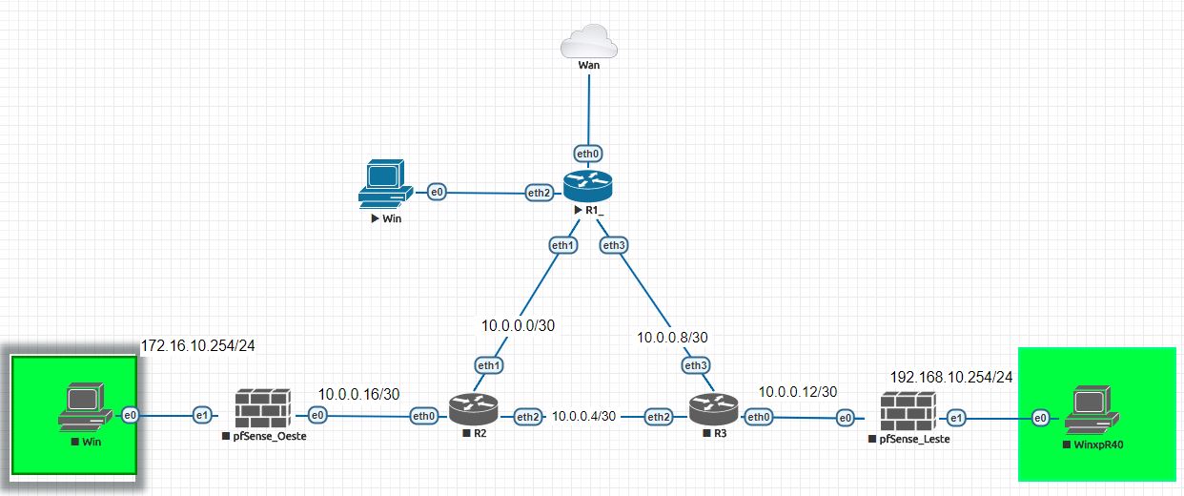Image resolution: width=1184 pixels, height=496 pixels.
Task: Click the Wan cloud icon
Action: click(x=588, y=42)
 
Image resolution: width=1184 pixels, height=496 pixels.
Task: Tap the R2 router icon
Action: click(x=474, y=410)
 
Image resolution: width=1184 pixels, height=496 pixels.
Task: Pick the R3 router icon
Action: click(x=712, y=410)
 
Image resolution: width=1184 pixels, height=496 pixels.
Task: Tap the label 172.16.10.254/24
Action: click(x=203, y=343)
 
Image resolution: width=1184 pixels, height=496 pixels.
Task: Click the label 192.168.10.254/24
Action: click(x=951, y=376)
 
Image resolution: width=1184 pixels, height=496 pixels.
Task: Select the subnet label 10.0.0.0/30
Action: click(x=518, y=325)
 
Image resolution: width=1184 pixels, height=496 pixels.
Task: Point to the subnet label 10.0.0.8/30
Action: click(x=672, y=337)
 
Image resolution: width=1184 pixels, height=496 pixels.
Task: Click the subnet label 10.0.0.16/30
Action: click(x=358, y=393)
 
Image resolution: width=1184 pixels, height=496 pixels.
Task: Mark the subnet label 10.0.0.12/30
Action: click(x=798, y=391)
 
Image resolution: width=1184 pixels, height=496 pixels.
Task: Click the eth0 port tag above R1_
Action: click(x=588, y=153)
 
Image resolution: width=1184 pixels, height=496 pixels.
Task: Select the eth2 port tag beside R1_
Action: click(x=540, y=193)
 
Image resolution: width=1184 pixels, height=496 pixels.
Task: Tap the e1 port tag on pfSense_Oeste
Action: click(x=202, y=415)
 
